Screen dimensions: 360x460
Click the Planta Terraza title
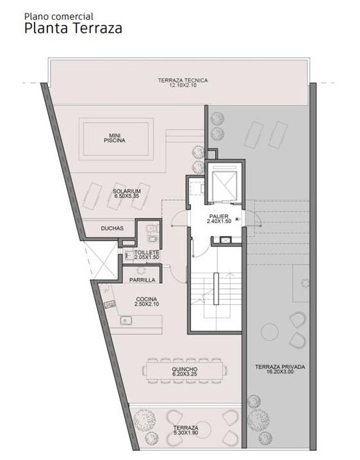coord(73,28)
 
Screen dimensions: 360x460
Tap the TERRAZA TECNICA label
coord(183,83)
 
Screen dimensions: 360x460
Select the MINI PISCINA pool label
coord(115,138)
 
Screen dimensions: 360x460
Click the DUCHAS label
coord(112,228)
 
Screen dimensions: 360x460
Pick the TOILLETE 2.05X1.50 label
coord(147,254)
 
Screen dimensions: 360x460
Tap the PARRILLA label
coord(142,280)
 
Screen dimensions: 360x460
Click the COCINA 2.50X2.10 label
coord(147,302)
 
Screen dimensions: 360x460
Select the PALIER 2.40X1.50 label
coord(219,219)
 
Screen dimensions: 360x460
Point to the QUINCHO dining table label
coord(184,372)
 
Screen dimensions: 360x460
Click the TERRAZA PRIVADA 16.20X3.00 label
coord(280,369)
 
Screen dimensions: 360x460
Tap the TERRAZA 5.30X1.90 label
coord(186,430)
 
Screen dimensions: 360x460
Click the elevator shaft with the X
coord(224,185)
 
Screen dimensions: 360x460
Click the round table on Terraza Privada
coord(269,332)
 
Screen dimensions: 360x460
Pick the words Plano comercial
coord(59,16)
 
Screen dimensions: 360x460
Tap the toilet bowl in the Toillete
coord(151,228)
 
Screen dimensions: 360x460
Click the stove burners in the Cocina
coord(110,304)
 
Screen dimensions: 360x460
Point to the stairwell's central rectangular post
coord(217,289)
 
